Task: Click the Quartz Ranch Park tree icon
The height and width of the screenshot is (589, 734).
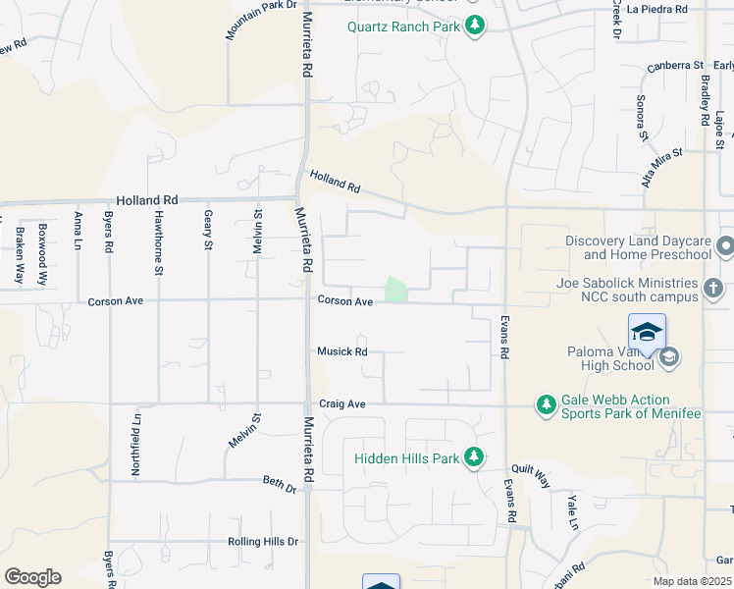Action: click(x=475, y=26)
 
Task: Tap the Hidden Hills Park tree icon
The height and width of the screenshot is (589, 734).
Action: click(x=474, y=457)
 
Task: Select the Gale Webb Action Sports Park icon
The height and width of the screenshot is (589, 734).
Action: click(x=547, y=404)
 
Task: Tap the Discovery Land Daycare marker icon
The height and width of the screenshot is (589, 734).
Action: click(x=725, y=245)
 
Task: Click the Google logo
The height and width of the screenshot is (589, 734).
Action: click(x=32, y=577)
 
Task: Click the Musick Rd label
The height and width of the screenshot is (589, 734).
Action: click(x=341, y=351)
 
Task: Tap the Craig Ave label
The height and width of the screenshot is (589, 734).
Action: click(x=341, y=403)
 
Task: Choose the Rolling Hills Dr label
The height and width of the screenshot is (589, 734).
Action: click(x=262, y=542)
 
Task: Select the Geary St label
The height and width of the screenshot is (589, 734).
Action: click(x=208, y=231)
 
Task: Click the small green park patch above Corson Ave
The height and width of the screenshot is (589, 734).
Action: click(x=394, y=290)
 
